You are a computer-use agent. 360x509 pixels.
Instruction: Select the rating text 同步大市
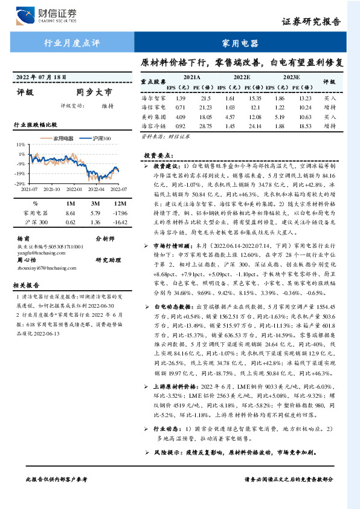[x=94, y=92]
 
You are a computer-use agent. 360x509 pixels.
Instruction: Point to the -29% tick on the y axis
[x=20, y=183]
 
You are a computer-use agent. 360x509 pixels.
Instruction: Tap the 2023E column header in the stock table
[x=291, y=77]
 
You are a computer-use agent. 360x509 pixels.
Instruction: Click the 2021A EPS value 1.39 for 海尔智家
[x=180, y=97]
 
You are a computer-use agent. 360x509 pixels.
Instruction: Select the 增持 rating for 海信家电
[x=330, y=107]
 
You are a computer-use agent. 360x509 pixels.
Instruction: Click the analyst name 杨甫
[x=24, y=238]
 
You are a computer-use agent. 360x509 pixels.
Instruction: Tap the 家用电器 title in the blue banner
[x=240, y=44]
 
